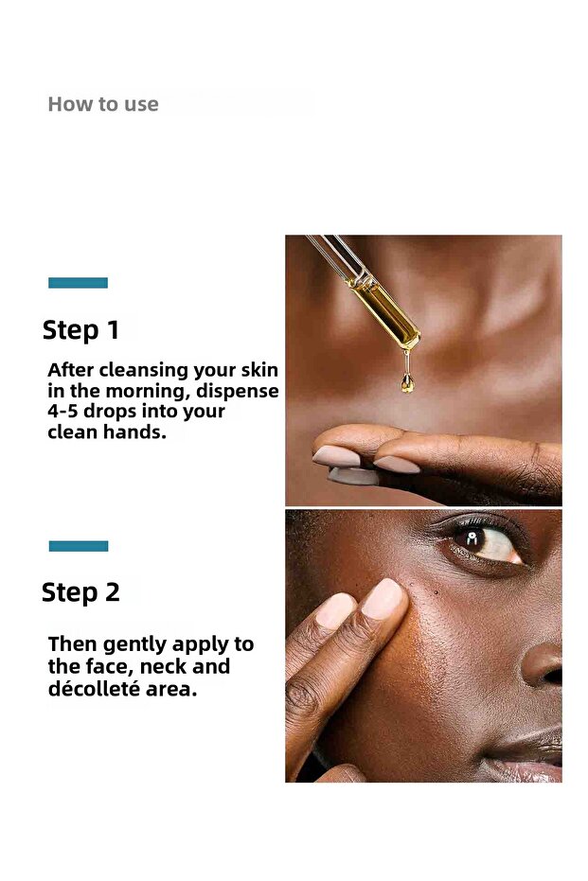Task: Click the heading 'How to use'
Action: point(103,104)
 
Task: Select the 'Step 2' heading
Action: point(80,592)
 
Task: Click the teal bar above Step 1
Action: point(78,282)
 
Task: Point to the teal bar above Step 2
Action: point(78,545)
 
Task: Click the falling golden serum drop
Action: point(407,381)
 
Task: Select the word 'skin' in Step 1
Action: point(259,370)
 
